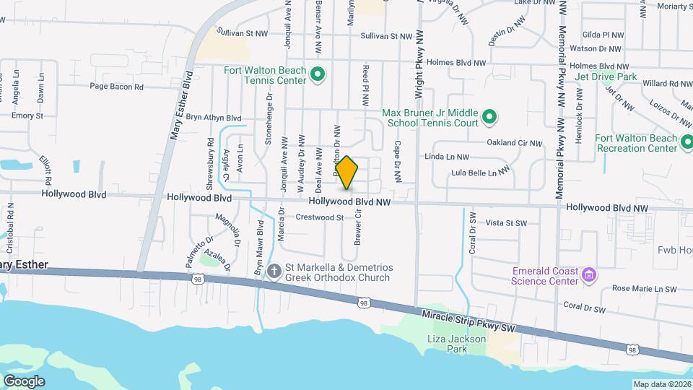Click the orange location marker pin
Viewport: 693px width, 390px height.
point(347,173)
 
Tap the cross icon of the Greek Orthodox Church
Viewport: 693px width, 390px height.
point(274,272)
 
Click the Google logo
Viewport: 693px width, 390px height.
point(24,381)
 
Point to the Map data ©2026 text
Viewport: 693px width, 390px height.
point(662,384)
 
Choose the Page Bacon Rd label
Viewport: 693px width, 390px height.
point(117,87)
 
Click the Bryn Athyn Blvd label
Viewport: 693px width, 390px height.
point(213,117)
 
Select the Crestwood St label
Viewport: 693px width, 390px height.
point(319,217)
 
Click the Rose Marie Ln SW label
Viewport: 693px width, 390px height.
point(644,289)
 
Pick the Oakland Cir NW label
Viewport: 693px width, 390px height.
point(514,142)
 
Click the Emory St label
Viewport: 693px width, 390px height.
point(27,116)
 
